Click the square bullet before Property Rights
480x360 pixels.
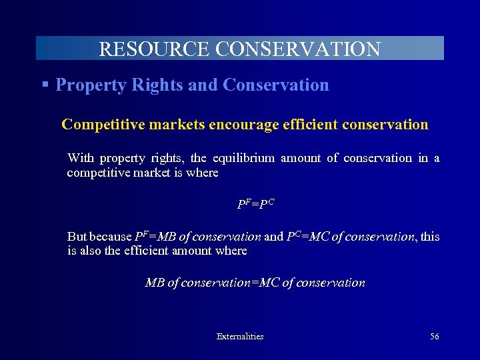coord(45,85)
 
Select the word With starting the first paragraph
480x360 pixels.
coord(81,158)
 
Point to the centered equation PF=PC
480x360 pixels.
coord(255,204)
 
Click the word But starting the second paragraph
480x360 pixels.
coord(77,237)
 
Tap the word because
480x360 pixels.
coord(111,237)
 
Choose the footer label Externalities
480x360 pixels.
coord(240,337)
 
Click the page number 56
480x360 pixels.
coord(434,337)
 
